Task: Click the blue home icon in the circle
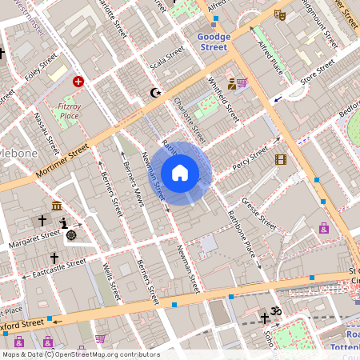(180, 173)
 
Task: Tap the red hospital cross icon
(78, 81)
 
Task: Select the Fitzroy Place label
(69, 110)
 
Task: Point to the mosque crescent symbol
(155, 93)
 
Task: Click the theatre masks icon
(279, 14)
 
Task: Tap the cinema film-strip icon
(280, 159)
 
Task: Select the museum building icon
(58, 206)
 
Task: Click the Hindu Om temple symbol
(278, 310)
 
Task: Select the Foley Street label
(41, 68)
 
